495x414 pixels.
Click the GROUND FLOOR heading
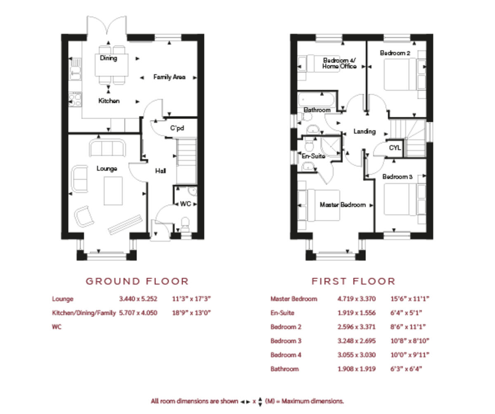tap(137, 281)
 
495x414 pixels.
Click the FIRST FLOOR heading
tap(353, 281)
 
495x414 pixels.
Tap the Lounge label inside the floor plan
tap(107, 169)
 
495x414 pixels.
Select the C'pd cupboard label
tap(177, 128)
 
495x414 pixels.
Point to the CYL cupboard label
tap(395, 148)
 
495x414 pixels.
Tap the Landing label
tap(364, 131)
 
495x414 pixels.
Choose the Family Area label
tap(169, 77)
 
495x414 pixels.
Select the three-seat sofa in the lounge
tap(107, 148)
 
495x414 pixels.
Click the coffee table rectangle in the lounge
tap(113, 190)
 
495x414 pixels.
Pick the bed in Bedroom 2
tap(400, 74)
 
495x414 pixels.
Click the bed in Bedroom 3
tap(400, 199)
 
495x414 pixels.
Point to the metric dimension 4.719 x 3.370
tap(356, 299)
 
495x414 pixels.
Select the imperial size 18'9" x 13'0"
tap(191, 313)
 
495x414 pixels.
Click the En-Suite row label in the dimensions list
tap(282, 313)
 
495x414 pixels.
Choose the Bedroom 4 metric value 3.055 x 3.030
tap(356, 355)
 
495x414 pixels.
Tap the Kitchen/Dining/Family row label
tap(84, 313)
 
